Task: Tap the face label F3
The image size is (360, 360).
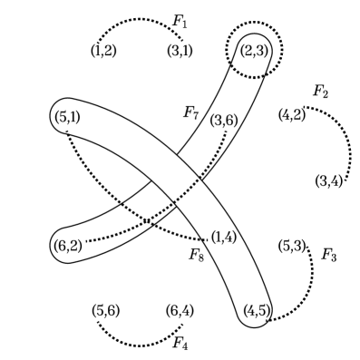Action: tap(329, 255)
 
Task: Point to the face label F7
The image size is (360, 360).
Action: tap(190, 112)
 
